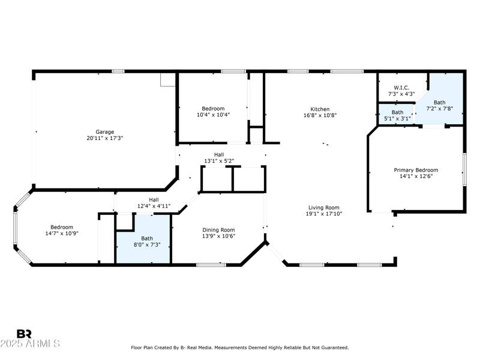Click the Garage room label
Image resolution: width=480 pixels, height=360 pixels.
[105, 131]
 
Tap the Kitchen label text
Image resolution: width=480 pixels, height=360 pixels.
[320, 109]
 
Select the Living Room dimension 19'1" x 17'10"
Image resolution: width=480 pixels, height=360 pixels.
[324, 214]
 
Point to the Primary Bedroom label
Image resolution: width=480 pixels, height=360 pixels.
[416, 170]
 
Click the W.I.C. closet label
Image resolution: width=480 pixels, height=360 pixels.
[401, 88]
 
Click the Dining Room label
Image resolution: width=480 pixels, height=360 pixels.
[218, 230]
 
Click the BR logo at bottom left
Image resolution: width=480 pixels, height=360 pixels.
[24, 334]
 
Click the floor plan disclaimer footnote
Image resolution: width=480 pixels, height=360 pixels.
[239, 347]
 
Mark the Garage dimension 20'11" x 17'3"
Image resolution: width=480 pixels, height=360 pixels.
[105, 138]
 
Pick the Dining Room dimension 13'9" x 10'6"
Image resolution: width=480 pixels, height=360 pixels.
[218, 236]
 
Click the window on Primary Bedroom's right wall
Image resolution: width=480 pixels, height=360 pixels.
[464, 170]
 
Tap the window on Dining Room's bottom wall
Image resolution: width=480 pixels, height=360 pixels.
[211, 265]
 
